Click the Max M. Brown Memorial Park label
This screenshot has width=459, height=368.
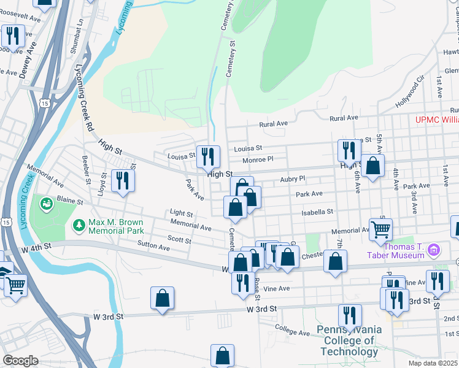click(116, 226)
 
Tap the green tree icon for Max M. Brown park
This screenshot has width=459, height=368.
click(78, 226)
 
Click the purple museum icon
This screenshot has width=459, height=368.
click(435, 250)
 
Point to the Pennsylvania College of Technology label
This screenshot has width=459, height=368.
click(349, 340)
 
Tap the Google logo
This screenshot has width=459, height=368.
click(20, 361)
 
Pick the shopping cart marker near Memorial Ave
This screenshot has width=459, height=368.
click(381, 230)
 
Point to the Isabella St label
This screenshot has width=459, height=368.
click(317, 212)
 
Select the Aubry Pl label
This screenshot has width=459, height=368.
click(292, 178)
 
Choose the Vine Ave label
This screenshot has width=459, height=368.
click(276, 288)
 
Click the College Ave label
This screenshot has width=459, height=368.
click(291, 329)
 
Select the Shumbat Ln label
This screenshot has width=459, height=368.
click(80, 30)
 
